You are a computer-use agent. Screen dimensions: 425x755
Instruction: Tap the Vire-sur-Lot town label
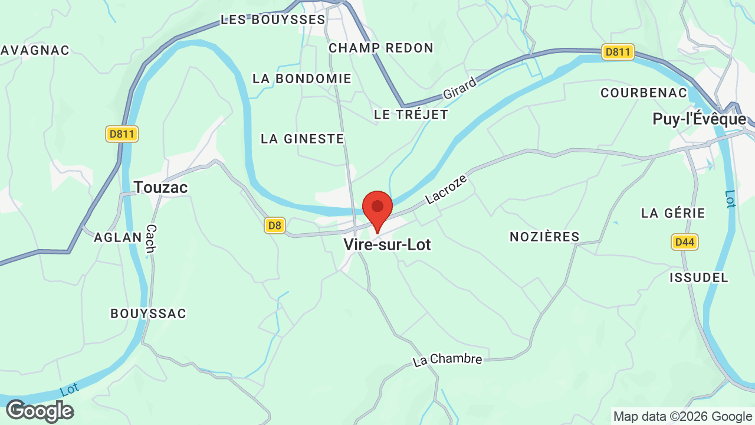(388, 244)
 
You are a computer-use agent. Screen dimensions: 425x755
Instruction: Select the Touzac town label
(160, 188)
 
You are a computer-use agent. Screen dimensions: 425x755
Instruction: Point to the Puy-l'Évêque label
(700, 119)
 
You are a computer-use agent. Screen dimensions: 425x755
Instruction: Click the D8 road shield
(275, 225)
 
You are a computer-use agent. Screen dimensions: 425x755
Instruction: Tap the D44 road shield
(685, 241)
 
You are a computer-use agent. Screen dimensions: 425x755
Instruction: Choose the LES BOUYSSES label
(273, 19)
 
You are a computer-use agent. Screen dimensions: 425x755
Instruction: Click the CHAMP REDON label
(381, 48)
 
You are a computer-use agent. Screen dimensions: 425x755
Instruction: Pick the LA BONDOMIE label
(302, 79)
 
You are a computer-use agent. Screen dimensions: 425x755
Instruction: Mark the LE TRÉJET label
(411, 115)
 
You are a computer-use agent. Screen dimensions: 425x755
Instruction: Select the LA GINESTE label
(303, 139)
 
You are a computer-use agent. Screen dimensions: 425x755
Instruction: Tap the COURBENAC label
(644, 93)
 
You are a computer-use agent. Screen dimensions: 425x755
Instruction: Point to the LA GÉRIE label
(674, 213)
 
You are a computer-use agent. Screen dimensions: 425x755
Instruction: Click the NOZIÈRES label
(545, 237)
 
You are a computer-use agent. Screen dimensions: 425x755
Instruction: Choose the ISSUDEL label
(699, 277)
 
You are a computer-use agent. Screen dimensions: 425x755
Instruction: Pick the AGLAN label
(118, 237)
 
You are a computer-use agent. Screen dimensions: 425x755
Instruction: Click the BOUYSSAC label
(149, 313)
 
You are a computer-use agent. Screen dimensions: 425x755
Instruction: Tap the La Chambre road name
(448, 359)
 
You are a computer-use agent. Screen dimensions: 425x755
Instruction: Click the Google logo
(40, 411)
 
